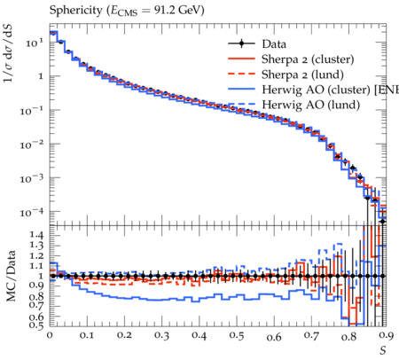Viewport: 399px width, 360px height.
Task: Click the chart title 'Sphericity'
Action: (x=75, y=11)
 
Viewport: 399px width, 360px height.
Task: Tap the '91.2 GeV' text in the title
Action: (x=178, y=11)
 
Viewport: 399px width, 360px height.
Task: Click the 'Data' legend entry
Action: (x=274, y=44)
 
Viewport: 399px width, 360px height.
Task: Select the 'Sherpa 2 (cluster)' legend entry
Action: (x=308, y=59)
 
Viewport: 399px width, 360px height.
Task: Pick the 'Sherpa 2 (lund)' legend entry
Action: (x=302, y=74)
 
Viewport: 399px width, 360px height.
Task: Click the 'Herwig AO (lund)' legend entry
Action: (x=311, y=105)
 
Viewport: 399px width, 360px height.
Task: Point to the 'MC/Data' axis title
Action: (x=12, y=276)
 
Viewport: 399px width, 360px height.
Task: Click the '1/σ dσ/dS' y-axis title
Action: (x=9, y=54)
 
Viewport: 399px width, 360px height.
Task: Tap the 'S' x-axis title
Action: (x=383, y=350)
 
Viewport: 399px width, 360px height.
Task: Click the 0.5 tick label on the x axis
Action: (x=237, y=336)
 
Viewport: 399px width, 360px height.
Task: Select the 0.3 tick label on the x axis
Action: (x=161, y=336)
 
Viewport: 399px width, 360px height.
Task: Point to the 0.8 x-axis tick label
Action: (x=348, y=336)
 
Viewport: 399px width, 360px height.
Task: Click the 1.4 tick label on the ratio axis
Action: (x=36, y=236)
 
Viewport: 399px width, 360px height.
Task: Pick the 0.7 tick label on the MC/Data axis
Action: (x=36, y=305)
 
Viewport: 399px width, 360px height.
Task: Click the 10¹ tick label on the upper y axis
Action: (x=34, y=43)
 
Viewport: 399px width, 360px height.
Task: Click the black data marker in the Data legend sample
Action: (x=241, y=44)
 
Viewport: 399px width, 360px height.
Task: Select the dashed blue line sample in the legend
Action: (x=241, y=105)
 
